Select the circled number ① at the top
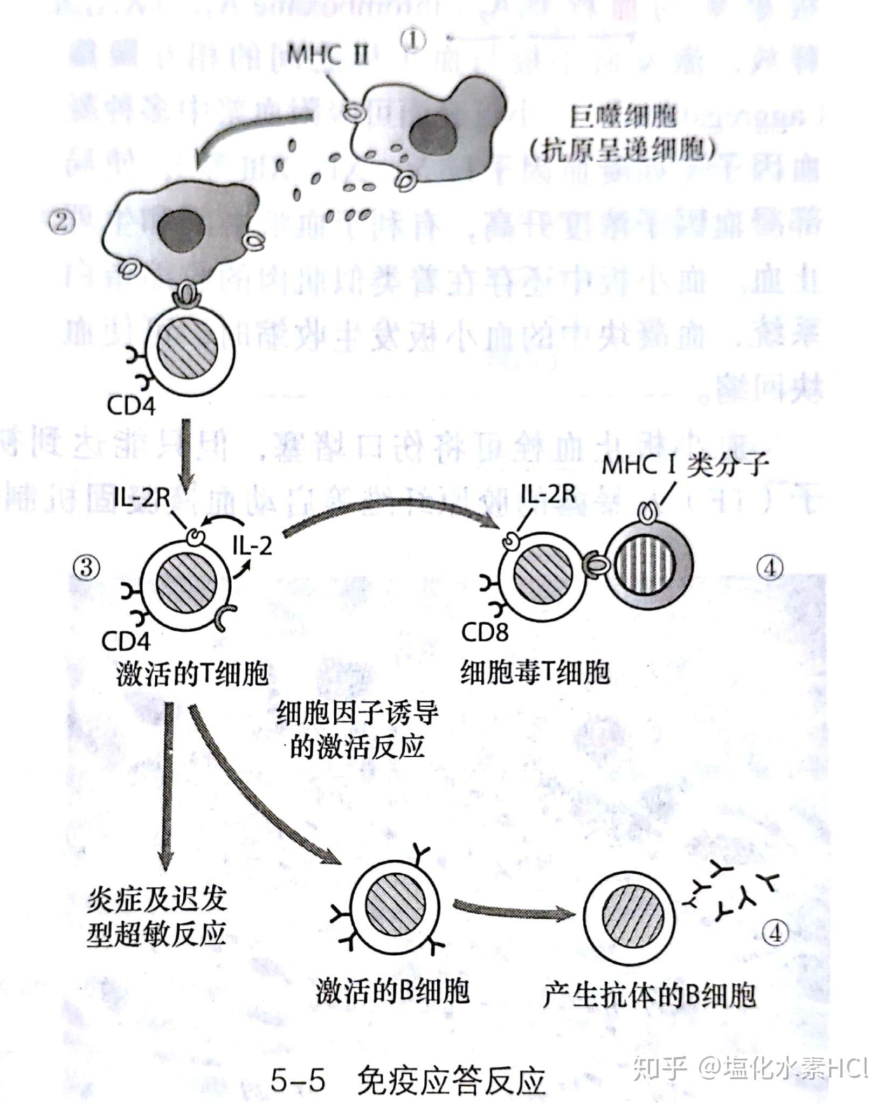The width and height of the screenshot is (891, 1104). (414, 39)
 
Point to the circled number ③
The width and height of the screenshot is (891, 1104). (87, 567)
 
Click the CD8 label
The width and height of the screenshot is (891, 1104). (485, 632)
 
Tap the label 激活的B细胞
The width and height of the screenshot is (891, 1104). (392, 992)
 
